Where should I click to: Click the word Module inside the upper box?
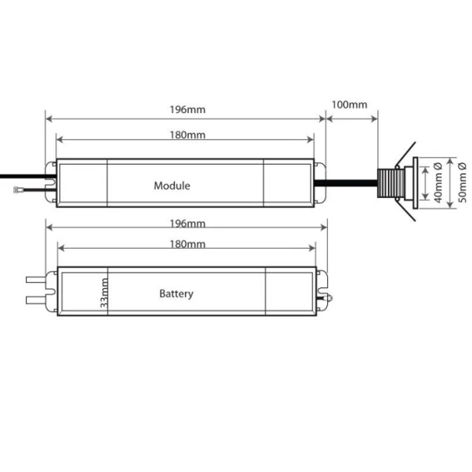[x=171, y=186]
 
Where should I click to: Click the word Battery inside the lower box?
[x=176, y=294]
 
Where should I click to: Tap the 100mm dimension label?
[x=349, y=104]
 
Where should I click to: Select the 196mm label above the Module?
[x=187, y=109]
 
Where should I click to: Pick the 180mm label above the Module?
[x=187, y=135]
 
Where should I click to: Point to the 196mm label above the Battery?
[x=187, y=223]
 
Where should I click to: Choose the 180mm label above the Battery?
[x=187, y=244]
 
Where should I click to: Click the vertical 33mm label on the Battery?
[x=104, y=292]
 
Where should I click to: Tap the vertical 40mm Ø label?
[x=438, y=182]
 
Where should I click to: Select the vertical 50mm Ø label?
[x=462, y=182]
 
